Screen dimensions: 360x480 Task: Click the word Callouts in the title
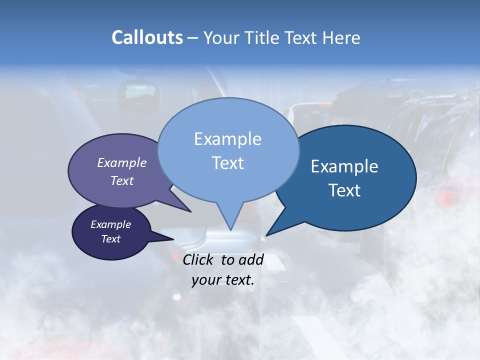(147, 37)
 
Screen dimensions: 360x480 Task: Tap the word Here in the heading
(341, 37)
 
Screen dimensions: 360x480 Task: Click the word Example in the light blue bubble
(227, 139)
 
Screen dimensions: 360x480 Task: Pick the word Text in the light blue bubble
(227, 163)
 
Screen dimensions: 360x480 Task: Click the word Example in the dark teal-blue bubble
(344, 166)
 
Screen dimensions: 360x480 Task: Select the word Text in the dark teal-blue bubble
(344, 190)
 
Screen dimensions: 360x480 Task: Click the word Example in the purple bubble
(122, 162)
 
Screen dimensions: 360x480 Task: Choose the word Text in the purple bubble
(122, 180)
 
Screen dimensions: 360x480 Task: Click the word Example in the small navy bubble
(110, 224)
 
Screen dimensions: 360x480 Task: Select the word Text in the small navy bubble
(110, 239)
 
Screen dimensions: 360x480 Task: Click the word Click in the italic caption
(199, 259)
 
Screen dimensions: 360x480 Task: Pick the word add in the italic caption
(250, 259)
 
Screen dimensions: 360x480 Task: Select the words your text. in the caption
(223, 280)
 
